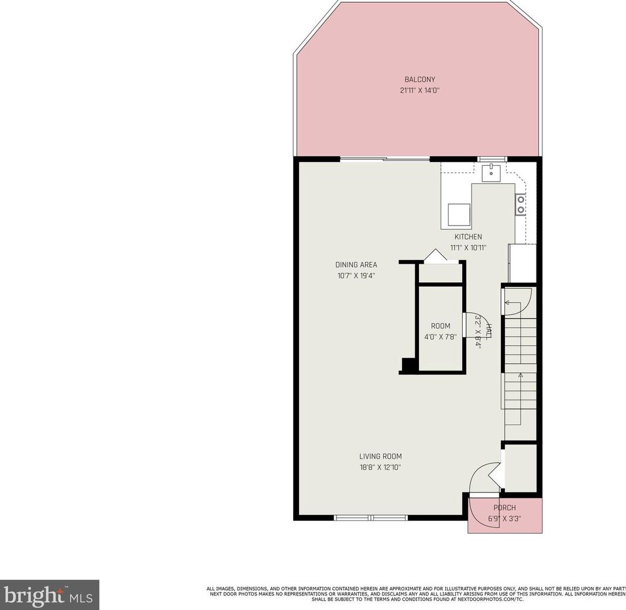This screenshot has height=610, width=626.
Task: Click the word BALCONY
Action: (x=419, y=79)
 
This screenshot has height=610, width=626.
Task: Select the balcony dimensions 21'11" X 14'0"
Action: (x=419, y=91)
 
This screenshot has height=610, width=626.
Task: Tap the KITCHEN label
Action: (x=468, y=237)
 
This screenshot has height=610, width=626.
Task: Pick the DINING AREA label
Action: (x=356, y=265)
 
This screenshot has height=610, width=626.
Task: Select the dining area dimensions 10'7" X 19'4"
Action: (x=356, y=275)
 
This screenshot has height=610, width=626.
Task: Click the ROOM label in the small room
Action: (x=441, y=326)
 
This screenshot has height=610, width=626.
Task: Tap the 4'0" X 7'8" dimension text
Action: (x=441, y=337)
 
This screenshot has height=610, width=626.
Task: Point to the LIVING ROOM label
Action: (x=380, y=456)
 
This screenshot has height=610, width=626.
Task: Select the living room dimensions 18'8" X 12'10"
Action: (x=380, y=467)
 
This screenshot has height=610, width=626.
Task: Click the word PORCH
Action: (x=504, y=508)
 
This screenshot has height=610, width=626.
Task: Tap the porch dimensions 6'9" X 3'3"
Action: (x=504, y=518)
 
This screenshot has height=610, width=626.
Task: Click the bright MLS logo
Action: (x=49, y=595)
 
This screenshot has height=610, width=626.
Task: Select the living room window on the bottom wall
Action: (x=371, y=517)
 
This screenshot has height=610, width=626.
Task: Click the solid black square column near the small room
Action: (x=408, y=366)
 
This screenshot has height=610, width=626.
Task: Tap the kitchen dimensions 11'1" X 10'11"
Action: (x=468, y=247)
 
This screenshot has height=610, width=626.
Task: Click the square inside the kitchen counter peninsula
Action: (x=459, y=214)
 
